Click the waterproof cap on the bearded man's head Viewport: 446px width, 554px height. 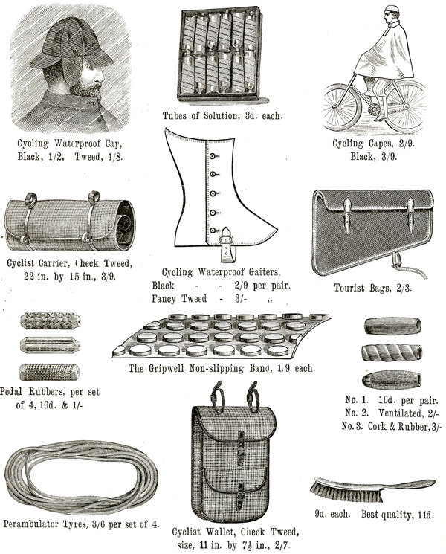click(x=71, y=44)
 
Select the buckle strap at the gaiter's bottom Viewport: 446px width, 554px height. click(x=225, y=245)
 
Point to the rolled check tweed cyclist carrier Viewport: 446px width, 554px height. click(x=70, y=222)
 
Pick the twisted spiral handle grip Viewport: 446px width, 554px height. click(x=392, y=352)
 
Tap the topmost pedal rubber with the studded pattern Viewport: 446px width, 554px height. click(x=50, y=321)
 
